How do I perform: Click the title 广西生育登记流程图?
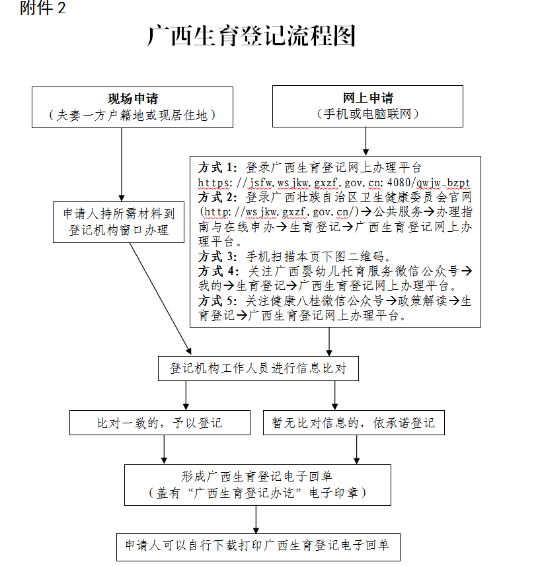[251, 36]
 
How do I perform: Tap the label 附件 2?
[44, 9]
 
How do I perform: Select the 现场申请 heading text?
[133, 99]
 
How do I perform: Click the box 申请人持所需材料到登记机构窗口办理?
[119, 221]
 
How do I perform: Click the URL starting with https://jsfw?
[334, 182]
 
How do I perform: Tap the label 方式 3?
[216, 256]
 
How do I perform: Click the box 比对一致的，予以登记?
[159, 423]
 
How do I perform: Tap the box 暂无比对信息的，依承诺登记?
[353, 423]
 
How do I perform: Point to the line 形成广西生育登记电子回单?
[258, 476]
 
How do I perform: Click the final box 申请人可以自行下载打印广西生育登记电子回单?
[258, 546]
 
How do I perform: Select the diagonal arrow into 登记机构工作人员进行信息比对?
[161, 297]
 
